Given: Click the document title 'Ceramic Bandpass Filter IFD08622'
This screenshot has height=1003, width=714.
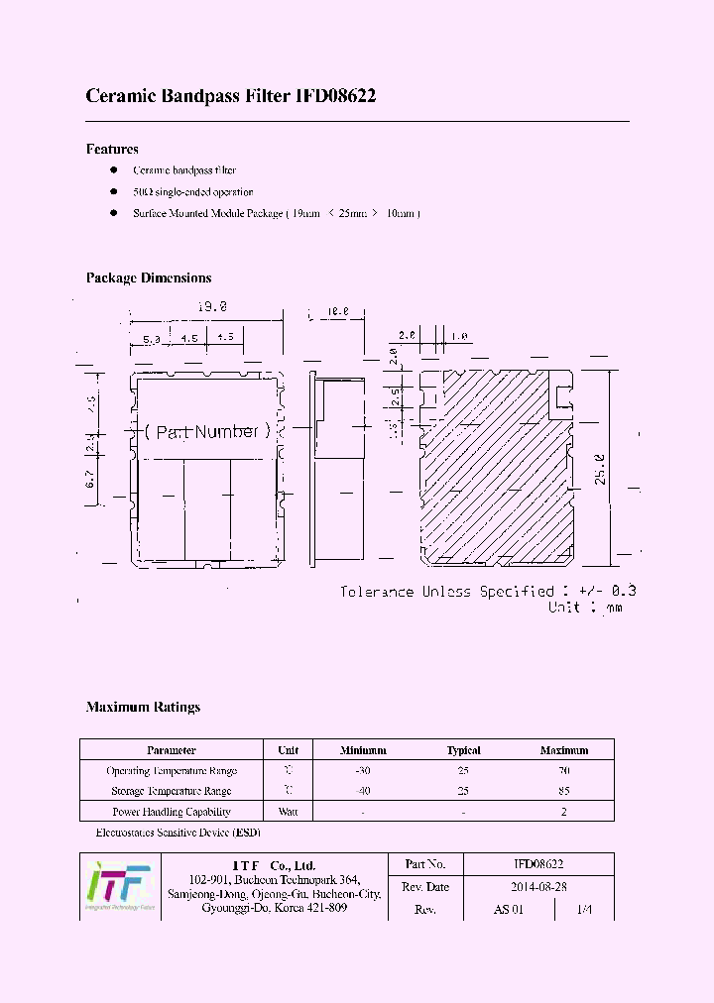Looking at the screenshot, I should click(230, 96).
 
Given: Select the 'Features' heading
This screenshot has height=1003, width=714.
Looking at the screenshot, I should click(112, 149).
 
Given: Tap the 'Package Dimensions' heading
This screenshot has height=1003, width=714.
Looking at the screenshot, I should click(149, 279).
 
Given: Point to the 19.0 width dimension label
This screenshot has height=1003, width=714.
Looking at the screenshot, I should click(211, 308).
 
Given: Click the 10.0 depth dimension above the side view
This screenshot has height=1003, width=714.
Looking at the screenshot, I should click(338, 312).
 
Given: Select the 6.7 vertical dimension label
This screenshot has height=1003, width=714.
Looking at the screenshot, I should click(89, 480).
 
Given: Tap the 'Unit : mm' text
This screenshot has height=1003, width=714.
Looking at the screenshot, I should click(585, 608).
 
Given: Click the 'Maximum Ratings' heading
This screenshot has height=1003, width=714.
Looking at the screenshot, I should click(143, 708).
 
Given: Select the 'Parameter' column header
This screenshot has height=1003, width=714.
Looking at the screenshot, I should click(172, 750).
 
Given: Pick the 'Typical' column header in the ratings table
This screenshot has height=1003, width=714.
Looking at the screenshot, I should click(463, 750).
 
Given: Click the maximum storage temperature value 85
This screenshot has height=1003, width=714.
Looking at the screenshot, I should click(564, 791).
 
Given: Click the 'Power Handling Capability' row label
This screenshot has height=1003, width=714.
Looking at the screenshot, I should click(172, 812).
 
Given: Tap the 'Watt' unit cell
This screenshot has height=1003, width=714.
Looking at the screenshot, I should click(289, 812).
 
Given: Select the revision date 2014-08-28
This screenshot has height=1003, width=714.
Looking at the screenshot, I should click(538, 887).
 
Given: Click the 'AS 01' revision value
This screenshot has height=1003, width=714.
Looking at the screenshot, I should click(508, 910).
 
